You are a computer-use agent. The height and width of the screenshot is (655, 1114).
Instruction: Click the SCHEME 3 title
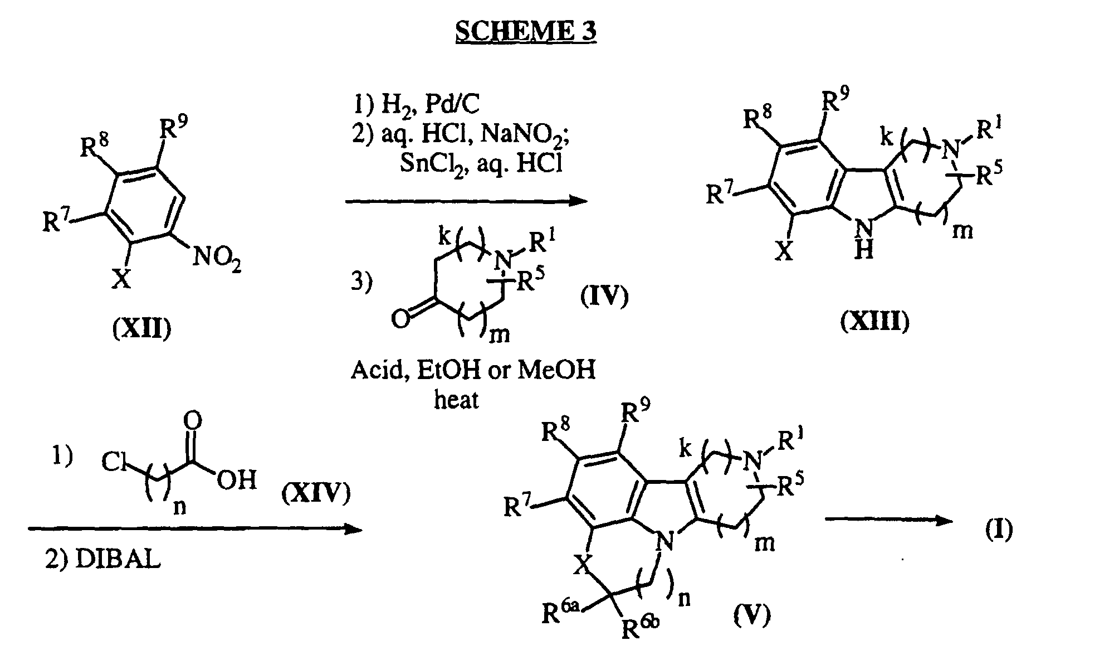(526, 31)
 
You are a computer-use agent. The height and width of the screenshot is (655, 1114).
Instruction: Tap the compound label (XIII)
(875, 321)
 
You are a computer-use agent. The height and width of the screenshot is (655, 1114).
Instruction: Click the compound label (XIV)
(316, 493)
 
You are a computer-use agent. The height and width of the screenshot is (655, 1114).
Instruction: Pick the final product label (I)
(998, 530)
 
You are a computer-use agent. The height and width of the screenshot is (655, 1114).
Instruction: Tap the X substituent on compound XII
(120, 279)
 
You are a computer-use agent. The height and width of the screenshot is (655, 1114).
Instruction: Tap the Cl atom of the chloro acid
(114, 462)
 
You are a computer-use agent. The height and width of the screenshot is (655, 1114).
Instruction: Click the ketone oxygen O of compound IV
(400, 319)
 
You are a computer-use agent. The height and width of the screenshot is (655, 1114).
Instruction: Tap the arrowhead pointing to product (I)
(944, 520)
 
